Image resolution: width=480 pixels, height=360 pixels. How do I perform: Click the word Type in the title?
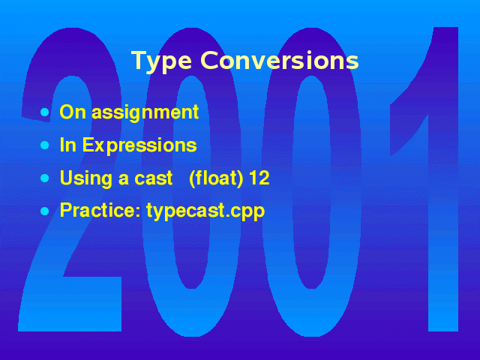[162, 62]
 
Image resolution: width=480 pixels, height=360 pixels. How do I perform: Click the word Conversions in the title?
[280, 60]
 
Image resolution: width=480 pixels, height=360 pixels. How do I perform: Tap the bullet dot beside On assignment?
[45, 112]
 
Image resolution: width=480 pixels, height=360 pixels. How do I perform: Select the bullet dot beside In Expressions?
[45, 145]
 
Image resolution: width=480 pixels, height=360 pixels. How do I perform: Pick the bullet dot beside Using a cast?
[45, 178]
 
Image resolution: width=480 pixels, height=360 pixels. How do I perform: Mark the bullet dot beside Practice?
[45, 211]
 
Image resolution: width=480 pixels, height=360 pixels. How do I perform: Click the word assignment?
[145, 113]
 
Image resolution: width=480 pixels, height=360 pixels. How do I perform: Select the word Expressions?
[139, 145]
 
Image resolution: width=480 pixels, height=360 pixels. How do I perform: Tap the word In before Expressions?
[68, 145]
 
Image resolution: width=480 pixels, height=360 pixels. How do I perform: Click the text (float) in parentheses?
[216, 178]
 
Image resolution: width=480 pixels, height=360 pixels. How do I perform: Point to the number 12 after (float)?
[259, 178]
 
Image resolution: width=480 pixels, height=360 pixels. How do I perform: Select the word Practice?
[100, 210]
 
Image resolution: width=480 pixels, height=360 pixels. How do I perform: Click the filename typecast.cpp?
[205, 211]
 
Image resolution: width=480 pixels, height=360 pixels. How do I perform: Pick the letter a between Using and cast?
[123, 180]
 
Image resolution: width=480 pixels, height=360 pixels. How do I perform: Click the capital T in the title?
[139, 61]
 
